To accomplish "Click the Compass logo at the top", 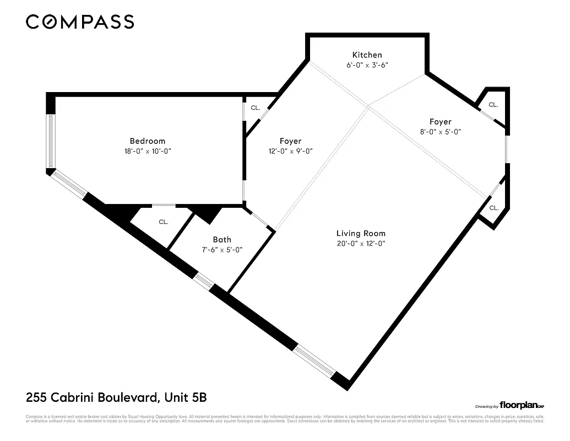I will [80, 21].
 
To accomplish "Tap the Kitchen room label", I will [367, 55].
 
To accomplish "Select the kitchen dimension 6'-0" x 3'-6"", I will [367, 65].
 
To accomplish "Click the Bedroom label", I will [147, 141].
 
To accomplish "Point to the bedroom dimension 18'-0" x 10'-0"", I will [147, 151].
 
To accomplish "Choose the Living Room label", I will [361, 233].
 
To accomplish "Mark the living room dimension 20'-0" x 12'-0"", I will [361, 244].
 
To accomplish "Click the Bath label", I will [222, 239].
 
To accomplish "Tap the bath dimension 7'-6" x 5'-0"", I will [222, 249].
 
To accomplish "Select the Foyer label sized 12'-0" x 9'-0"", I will [290, 141].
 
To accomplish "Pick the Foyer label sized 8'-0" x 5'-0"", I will [440, 122].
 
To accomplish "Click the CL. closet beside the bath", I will [163, 222].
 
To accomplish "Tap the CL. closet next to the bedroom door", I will [255, 108].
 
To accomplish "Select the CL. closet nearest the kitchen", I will [493, 104].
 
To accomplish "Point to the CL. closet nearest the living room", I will [493, 208].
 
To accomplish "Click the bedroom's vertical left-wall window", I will [50, 141].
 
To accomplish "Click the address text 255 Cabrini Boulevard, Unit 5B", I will [116, 397].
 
